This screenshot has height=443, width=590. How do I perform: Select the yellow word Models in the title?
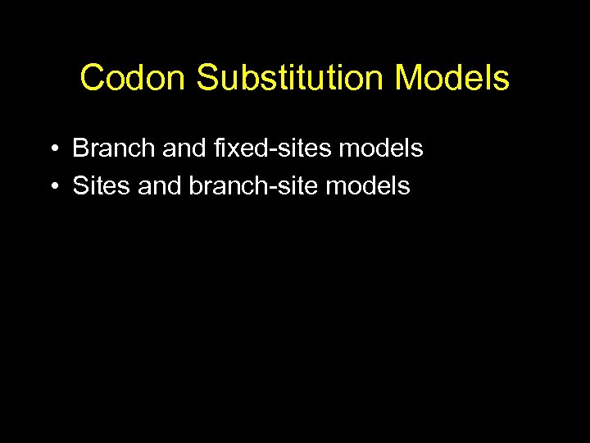click(x=452, y=79)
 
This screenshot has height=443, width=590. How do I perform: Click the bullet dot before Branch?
click(x=52, y=149)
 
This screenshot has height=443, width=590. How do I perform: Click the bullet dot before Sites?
click(x=52, y=187)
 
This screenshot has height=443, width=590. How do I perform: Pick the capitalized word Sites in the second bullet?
click(x=102, y=186)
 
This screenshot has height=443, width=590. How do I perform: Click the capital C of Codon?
click(x=92, y=79)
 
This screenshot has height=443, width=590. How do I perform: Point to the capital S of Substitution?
click(x=207, y=79)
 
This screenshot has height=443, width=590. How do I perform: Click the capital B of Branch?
click(x=80, y=148)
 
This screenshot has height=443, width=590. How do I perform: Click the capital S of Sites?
click(x=80, y=186)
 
